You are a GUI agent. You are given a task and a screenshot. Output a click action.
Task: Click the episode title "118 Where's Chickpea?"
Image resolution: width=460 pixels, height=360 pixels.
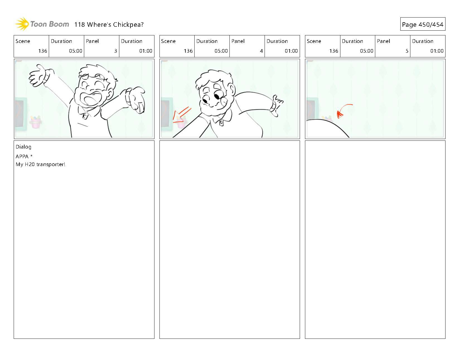109,25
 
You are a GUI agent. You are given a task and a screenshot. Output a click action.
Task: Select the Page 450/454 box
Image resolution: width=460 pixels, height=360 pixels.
423,24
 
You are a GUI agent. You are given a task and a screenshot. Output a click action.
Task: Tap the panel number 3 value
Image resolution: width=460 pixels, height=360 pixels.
116,51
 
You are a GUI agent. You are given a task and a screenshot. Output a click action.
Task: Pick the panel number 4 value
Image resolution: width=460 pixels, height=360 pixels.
261,51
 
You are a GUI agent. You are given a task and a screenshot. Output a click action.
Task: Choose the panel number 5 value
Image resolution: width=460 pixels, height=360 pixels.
407,51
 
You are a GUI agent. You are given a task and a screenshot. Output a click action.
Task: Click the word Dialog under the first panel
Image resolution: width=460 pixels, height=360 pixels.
23,147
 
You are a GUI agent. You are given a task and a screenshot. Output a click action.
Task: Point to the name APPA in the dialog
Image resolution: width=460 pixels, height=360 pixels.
22,157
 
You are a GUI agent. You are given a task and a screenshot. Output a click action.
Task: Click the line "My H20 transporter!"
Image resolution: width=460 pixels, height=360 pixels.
40,164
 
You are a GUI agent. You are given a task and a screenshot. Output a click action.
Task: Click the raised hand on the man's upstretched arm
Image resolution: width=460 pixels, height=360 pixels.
38,76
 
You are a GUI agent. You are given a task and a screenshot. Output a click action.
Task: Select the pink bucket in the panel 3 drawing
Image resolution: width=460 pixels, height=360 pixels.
36,122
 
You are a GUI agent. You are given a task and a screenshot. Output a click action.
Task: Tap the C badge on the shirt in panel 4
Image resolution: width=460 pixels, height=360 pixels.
221,123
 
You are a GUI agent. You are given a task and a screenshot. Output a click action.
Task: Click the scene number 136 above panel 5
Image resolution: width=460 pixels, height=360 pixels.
334,51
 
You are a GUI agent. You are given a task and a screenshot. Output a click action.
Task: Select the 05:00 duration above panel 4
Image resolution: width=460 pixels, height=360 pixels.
221,51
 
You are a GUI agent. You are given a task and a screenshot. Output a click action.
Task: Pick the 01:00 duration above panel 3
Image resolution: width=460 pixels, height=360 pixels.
146,51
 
